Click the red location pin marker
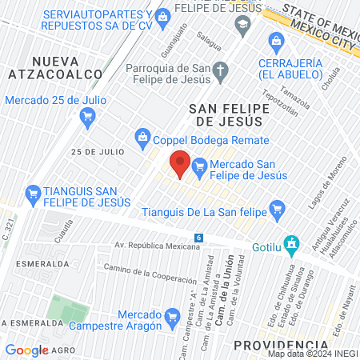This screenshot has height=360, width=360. pyautogui.click(x=180, y=163)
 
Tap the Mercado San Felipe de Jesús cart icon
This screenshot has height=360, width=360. pyautogui.click(x=200, y=166)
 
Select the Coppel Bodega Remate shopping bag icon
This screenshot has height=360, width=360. pyautogui.click(x=142, y=137)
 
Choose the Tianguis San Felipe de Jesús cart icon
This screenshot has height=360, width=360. pyautogui.click(x=34, y=193)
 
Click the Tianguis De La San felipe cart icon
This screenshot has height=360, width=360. pyautogui.click(x=278, y=212)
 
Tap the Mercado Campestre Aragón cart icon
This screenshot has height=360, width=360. pyautogui.click(x=172, y=318)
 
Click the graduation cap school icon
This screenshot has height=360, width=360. pyautogui.click(x=242, y=26)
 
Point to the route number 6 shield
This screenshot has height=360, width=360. pyautogui.click(x=198, y=238)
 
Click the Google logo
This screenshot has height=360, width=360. pyautogui.click(x=26, y=350)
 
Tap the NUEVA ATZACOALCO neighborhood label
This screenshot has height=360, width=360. pyautogui.click(x=67, y=67)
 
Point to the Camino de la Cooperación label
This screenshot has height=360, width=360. pyautogui.click(x=150, y=276)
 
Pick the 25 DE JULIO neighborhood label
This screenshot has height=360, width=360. pyautogui.click(x=97, y=151)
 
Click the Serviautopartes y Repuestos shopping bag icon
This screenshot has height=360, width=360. pyautogui.click(x=163, y=15)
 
